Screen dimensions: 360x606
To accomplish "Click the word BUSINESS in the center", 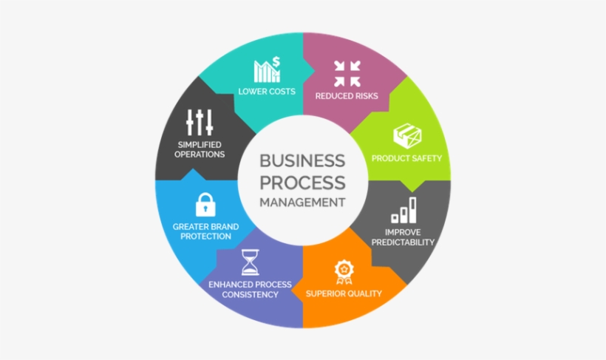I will [302, 161].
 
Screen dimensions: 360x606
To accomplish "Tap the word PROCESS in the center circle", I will [302, 181].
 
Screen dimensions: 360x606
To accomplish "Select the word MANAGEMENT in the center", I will [302, 201].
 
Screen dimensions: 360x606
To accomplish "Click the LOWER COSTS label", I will [267, 92].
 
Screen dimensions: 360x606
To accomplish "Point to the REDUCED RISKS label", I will [347, 95].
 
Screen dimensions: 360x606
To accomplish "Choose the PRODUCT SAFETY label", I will [406, 158].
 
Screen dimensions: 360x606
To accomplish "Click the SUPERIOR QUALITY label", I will [344, 293].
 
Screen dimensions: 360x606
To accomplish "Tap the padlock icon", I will [205, 204].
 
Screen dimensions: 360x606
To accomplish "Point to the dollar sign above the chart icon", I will [276, 62].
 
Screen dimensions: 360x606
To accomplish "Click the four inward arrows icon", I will [347, 73].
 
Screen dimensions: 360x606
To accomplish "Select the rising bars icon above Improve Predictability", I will [404, 210].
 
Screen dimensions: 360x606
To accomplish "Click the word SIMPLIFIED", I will [200, 143].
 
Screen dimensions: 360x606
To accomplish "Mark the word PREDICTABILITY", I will [404, 242].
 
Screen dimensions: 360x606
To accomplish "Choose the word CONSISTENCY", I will [251, 294].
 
